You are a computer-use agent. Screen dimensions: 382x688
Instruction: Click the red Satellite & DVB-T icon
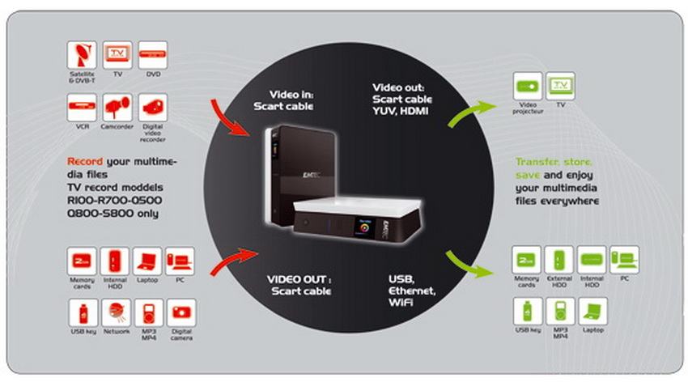81,55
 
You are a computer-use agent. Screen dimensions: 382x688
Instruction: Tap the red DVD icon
153,55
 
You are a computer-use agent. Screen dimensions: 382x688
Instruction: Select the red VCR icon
81,108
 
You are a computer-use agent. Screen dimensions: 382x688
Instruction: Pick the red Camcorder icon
117,108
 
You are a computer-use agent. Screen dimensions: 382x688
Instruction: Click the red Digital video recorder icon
153,108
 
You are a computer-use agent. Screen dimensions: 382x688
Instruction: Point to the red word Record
84,161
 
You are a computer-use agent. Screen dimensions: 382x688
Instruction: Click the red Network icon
116,312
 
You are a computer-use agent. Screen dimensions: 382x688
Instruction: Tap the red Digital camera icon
181,312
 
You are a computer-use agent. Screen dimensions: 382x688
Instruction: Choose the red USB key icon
81,312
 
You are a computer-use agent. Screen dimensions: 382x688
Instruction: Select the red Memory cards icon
81,261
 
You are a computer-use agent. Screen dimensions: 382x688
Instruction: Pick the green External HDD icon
559,260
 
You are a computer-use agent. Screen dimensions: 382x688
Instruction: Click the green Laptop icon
592,311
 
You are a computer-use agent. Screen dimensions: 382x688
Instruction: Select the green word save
529,174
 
